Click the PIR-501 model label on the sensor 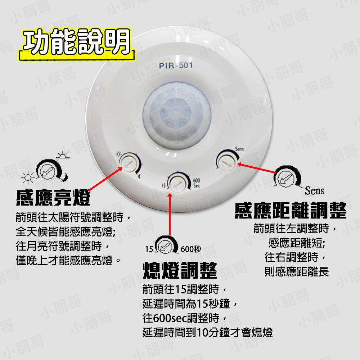point(175,66)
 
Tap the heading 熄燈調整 point(180,270)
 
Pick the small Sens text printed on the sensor point(239,148)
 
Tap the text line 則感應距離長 point(296,271)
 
